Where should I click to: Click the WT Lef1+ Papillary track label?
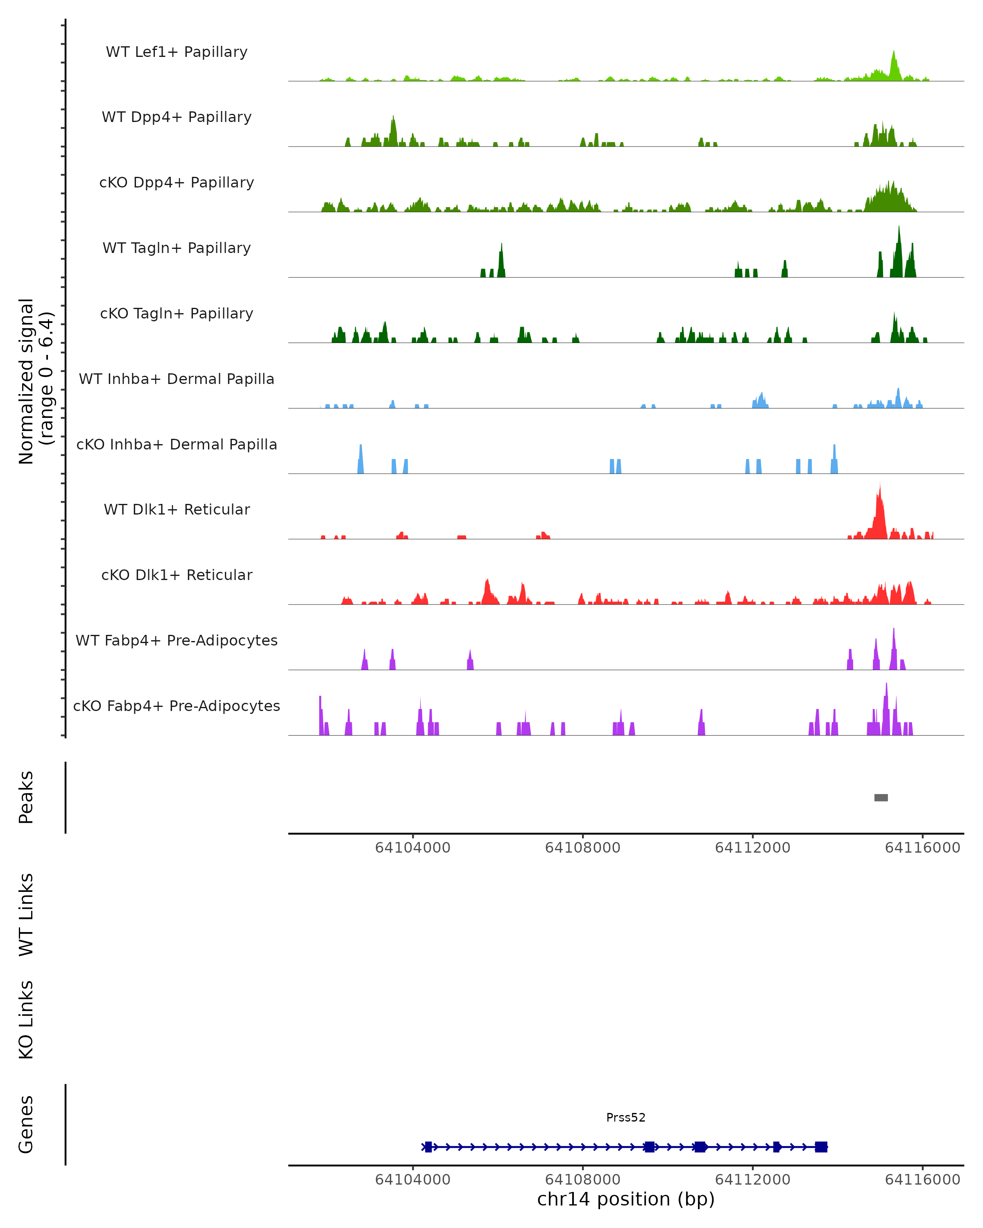point(177,52)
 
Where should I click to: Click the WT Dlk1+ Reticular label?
point(177,509)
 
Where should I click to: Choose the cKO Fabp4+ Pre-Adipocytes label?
point(177,706)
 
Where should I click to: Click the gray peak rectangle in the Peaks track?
point(881,797)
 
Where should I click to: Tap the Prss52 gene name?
point(626,1117)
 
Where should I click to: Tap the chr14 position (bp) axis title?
point(626,1199)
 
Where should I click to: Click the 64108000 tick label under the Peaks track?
point(582,848)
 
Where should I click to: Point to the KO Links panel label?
point(26,1020)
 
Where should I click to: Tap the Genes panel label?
point(26,1124)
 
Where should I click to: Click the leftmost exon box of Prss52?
point(428,1147)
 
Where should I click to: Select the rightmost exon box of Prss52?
point(820,1147)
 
